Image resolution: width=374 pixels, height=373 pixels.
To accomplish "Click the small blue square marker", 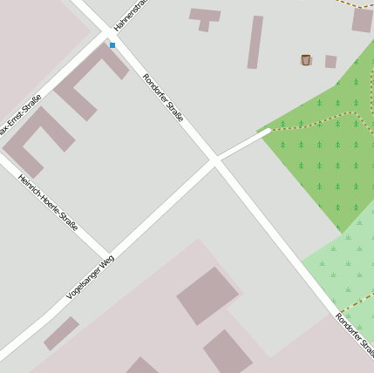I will [x=112, y=44].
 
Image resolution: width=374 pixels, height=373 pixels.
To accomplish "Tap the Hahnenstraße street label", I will [x=129, y=16].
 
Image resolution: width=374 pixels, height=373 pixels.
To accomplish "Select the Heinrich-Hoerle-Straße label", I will [x=49, y=202].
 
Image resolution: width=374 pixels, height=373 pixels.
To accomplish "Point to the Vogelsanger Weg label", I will [x=91, y=276].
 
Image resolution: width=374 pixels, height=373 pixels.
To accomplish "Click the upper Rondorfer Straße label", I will [x=163, y=97].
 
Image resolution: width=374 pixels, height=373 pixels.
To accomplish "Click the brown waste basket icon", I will [x=306, y=60].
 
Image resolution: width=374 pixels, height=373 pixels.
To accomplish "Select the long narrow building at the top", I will [x=255, y=42].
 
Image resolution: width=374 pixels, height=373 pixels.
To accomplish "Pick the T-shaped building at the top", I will [x=205, y=17].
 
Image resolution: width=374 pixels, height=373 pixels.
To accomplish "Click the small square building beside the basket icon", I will [x=330, y=61].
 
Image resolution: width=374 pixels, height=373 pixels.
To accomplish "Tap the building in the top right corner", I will [x=363, y=20].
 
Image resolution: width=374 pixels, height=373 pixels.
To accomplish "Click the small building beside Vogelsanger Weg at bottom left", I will [x=61, y=333].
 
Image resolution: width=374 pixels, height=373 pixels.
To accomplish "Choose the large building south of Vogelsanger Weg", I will [x=208, y=295].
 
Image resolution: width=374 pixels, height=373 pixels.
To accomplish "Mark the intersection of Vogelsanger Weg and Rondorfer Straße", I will [x=214, y=160].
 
